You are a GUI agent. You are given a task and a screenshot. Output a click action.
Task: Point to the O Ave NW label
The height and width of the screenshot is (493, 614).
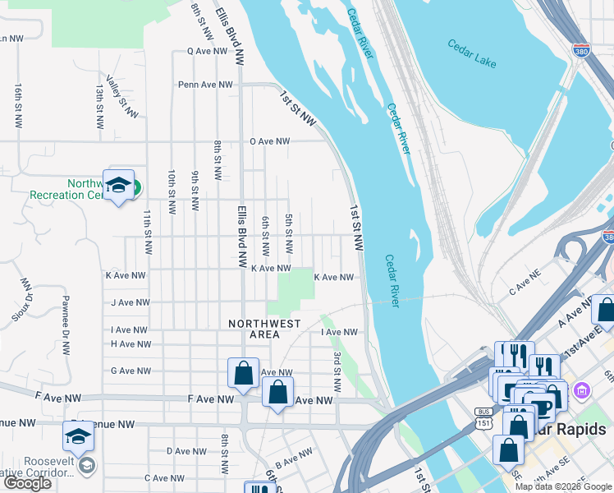270,141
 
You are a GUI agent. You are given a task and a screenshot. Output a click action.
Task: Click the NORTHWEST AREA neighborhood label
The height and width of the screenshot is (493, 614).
264,329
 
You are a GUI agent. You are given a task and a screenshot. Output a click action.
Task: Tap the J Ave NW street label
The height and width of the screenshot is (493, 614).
128,302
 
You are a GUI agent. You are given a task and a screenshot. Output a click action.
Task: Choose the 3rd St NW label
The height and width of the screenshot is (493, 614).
337,371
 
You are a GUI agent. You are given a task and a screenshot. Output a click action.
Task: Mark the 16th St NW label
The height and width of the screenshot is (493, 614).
18,104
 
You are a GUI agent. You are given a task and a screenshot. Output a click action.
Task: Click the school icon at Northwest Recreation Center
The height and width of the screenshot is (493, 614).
118,185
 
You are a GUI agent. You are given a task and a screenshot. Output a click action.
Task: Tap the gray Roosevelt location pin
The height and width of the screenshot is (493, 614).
86,466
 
